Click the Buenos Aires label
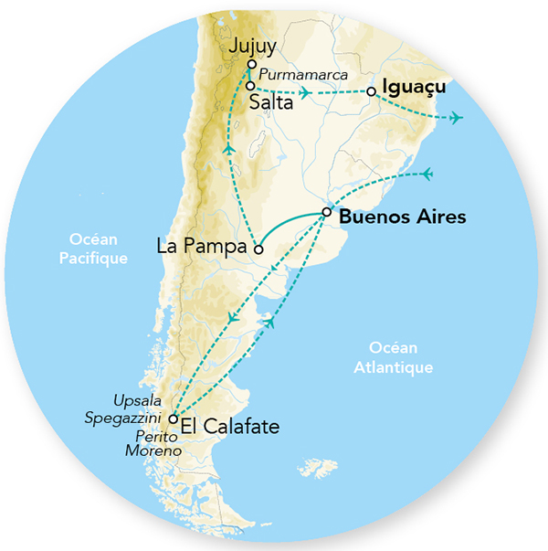tap(402, 217)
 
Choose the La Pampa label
tap(203, 247)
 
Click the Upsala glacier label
tap(137, 401)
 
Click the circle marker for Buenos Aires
tap(326, 213)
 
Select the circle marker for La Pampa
tap(258, 249)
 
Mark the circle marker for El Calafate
tap(173, 419)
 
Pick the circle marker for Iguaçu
tap(371, 91)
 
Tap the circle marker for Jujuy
tap(251, 65)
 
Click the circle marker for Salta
tap(249, 86)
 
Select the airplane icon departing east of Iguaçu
tap(456, 117)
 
